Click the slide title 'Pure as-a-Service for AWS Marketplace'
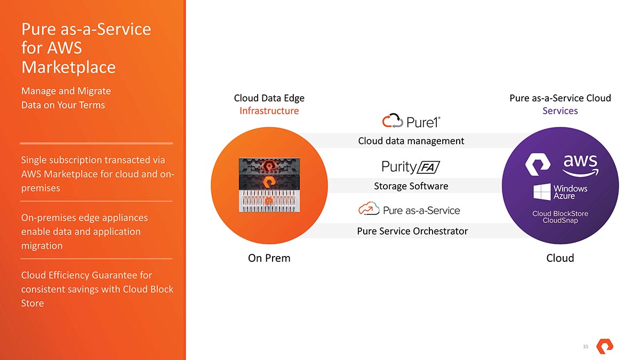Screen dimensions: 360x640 point(86,48)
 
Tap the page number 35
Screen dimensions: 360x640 point(585,347)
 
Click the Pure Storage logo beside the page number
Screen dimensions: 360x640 point(604,346)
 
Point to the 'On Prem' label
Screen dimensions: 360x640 point(269,258)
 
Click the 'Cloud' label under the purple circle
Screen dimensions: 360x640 point(560,258)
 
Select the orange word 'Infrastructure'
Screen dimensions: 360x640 point(269,111)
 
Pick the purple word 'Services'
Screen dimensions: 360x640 point(560,111)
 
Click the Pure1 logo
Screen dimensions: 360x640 point(411,121)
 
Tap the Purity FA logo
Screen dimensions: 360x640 point(411,167)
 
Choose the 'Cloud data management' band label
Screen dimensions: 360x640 point(411,141)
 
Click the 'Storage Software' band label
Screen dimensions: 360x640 point(411,186)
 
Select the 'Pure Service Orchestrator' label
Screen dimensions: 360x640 point(412,231)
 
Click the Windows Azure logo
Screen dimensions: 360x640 point(560,192)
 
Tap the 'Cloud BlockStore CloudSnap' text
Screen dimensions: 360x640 point(560,217)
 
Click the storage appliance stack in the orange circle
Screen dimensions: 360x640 point(269,184)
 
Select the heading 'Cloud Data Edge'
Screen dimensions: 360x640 point(269,98)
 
